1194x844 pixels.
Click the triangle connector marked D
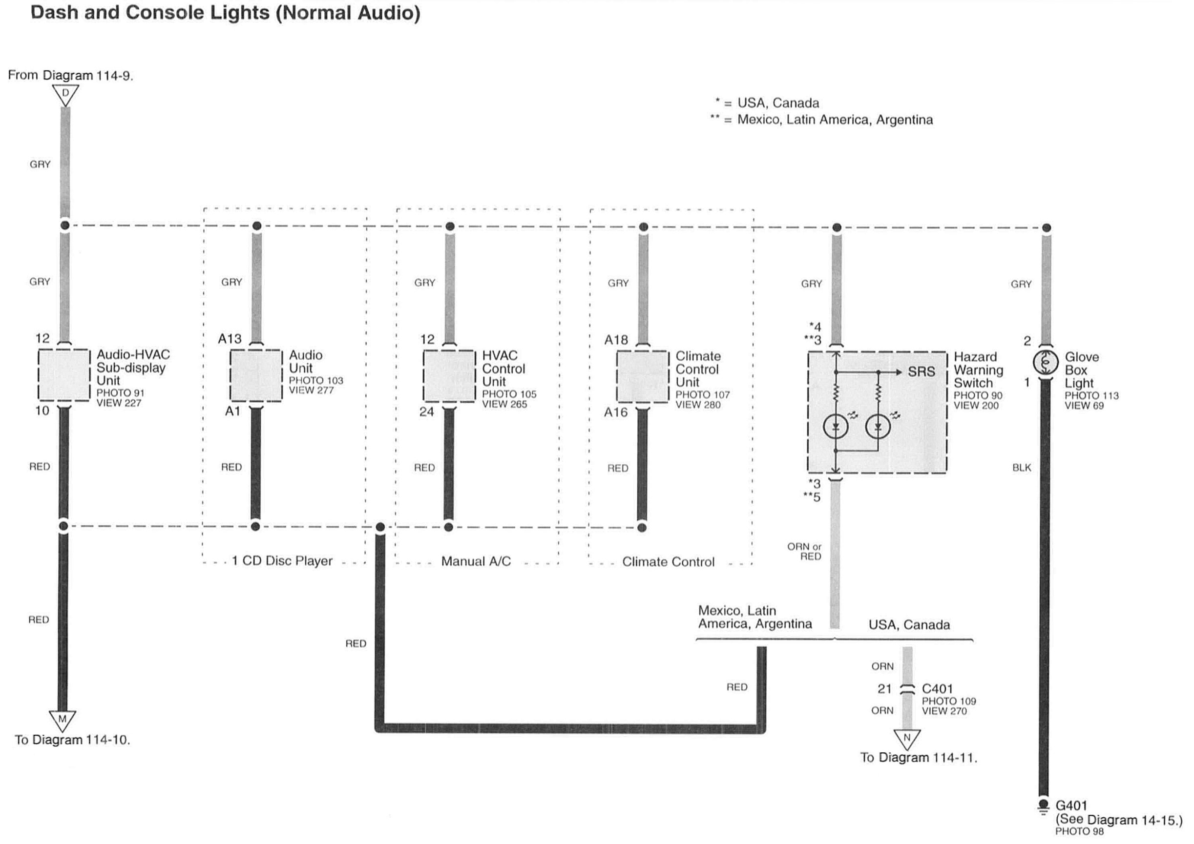(65, 94)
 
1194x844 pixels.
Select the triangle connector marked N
(907, 738)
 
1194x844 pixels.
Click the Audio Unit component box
(256, 375)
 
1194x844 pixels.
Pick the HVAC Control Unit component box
(449, 376)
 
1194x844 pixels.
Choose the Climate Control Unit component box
(643, 376)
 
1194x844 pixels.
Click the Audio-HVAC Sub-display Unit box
(64, 375)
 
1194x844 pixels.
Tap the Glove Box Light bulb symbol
(1045, 362)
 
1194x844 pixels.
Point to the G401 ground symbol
(1043, 806)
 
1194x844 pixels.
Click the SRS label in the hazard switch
(921, 372)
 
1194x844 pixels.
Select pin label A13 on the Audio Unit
(230, 339)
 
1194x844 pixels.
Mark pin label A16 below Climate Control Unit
(616, 412)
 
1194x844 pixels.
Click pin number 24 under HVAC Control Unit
(426, 412)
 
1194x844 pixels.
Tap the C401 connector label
(937, 689)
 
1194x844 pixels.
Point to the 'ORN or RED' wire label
(804, 552)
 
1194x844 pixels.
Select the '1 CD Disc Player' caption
(282, 561)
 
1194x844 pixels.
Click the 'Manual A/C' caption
(476, 561)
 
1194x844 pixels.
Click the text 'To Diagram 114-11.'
(919, 758)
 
